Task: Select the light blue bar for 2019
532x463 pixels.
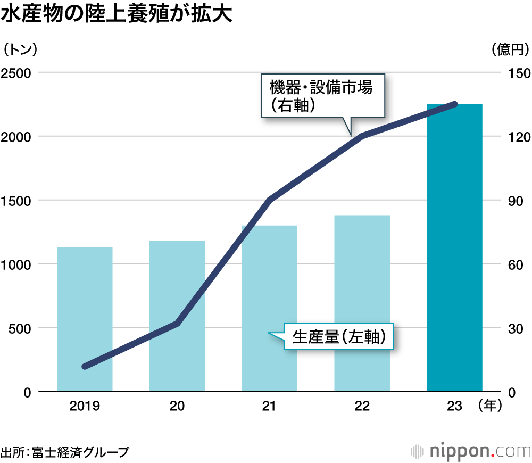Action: pyautogui.click(x=85, y=319)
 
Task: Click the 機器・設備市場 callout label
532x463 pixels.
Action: pyautogui.click(x=323, y=95)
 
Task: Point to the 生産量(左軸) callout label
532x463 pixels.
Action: pyautogui.click(x=339, y=336)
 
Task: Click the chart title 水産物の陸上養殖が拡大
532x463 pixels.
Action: pyautogui.click(x=117, y=14)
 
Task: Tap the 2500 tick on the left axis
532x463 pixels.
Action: pyautogui.click(x=18, y=73)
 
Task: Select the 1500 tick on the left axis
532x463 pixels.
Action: pyautogui.click(x=18, y=201)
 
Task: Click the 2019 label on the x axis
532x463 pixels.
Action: pyautogui.click(x=85, y=406)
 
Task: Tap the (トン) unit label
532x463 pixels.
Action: pyautogui.click(x=20, y=49)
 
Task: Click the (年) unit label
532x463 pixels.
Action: pyautogui.click(x=490, y=406)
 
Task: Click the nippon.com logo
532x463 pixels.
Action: pyautogui.click(x=470, y=451)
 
